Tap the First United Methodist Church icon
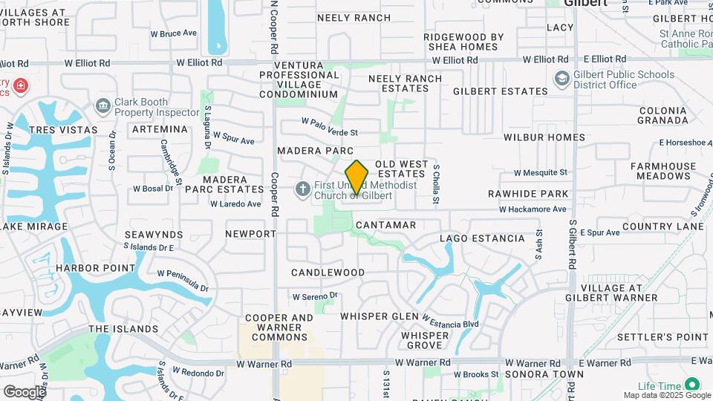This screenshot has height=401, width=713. click(x=302, y=189)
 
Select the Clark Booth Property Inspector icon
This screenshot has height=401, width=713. click(x=103, y=108)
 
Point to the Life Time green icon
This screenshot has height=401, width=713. click(x=692, y=384)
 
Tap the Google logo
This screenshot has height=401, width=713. click(x=24, y=391)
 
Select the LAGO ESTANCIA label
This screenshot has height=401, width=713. click(x=482, y=239)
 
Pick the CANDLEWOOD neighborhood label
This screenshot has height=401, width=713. click(x=328, y=273)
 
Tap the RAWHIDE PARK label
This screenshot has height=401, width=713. click(x=528, y=194)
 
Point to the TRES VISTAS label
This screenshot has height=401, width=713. click(x=63, y=130)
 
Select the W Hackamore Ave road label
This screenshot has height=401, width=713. click(x=533, y=209)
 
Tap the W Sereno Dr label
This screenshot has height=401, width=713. click(x=315, y=296)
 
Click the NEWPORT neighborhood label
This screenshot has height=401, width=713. click(x=250, y=234)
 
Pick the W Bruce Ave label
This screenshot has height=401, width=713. click(x=173, y=33)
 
